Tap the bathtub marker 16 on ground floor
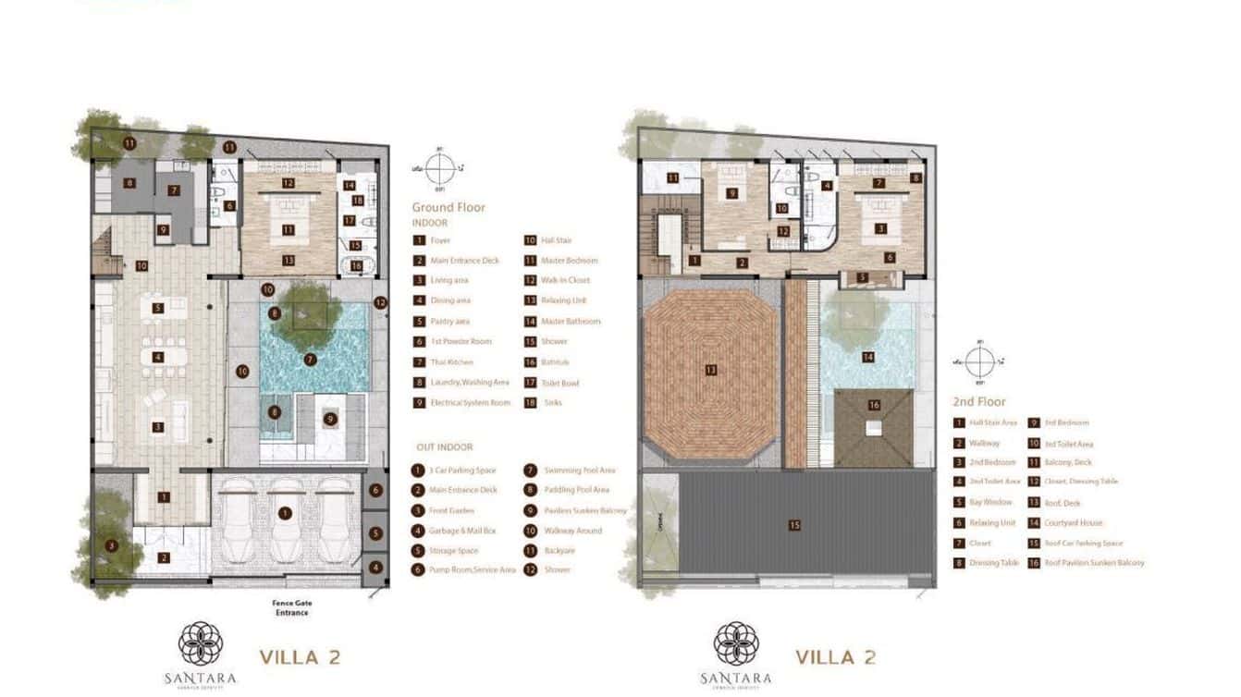(x=356, y=265)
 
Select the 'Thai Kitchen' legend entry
(x=452, y=362)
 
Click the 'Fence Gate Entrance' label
(x=290, y=608)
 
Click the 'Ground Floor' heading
(x=448, y=207)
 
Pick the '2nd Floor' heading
(x=979, y=402)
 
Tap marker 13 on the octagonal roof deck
(x=710, y=370)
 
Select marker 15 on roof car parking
(x=794, y=525)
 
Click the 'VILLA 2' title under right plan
(x=836, y=658)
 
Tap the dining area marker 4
(x=158, y=357)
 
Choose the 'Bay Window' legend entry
(x=990, y=503)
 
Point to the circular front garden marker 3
(x=112, y=545)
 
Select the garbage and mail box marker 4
(x=375, y=568)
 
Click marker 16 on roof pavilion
(x=874, y=404)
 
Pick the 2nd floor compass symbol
(x=979, y=360)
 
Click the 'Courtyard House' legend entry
(x=1074, y=523)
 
